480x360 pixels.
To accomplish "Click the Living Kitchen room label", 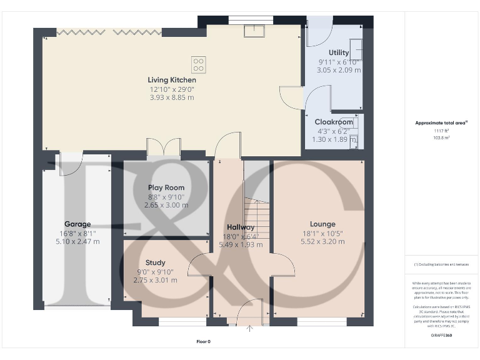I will [172, 80].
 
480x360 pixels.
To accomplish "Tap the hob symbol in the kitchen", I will [199, 63].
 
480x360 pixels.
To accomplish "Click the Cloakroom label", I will [334, 122].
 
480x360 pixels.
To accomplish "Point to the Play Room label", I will [166, 187].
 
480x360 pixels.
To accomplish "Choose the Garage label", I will [77, 224].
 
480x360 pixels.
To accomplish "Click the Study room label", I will [156, 262].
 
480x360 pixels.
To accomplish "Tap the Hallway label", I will [241, 227].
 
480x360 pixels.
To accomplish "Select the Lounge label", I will [322, 224].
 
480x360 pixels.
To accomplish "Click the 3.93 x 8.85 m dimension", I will [172, 97].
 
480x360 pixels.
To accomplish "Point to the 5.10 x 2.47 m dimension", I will [77, 241].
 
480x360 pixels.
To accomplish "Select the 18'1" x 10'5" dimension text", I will [322, 232].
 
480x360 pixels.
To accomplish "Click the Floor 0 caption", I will [203, 341].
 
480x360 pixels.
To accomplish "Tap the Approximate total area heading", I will [441, 123].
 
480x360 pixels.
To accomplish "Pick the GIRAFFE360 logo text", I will [441, 336].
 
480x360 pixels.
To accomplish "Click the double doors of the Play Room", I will [164, 148].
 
